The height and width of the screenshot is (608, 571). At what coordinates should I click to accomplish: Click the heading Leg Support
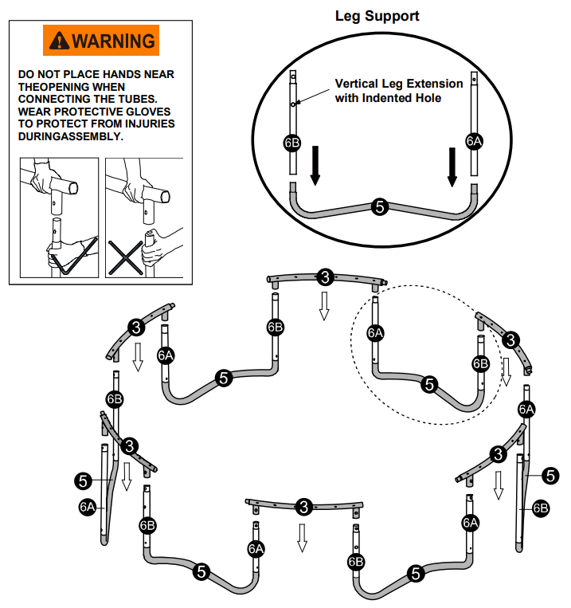pos(377,16)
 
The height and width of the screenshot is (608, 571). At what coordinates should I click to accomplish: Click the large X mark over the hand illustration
pos(126,257)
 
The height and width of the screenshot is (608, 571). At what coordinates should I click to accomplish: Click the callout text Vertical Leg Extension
pos(398,84)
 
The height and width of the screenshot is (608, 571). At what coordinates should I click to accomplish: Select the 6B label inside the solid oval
pos(291,143)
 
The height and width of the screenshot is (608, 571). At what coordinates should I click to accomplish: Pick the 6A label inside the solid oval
pos(474,142)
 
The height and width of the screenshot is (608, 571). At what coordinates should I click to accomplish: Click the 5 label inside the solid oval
pos(380,206)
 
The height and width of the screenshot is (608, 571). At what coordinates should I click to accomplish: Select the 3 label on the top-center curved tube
pos(325,277)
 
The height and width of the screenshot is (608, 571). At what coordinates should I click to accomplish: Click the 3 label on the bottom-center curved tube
pos(303,507)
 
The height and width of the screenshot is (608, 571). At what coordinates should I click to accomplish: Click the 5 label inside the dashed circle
pos(430,385)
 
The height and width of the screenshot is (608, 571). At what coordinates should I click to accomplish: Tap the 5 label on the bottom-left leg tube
pos(201,571)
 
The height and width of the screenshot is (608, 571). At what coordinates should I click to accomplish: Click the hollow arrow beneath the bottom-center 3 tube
pos(302,538)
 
